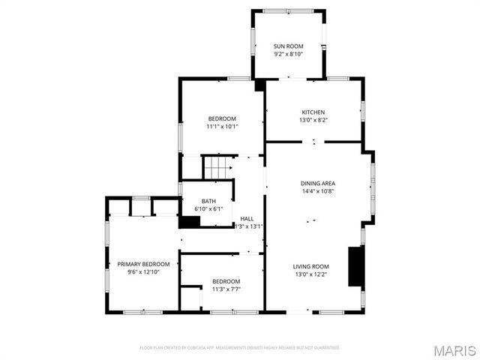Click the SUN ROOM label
click(288, 46)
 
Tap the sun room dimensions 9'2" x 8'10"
click(288, 54)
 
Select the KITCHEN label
click(313, 112)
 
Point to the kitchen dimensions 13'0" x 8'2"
click(313, 119)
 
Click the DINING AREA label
click(317, 183)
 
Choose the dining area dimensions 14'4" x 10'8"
click(317, 190)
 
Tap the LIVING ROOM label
click(310, 266)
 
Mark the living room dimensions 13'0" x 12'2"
click(310, 274)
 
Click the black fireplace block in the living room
click(355, 266)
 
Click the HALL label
click(247, 219)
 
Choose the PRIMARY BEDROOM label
click(143, 264)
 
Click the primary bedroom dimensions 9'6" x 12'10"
click(143, 271)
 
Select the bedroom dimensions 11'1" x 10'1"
click(222, 126)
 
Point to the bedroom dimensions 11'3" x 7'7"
click(226, 289)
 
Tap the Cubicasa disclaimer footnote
click(240, 347)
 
